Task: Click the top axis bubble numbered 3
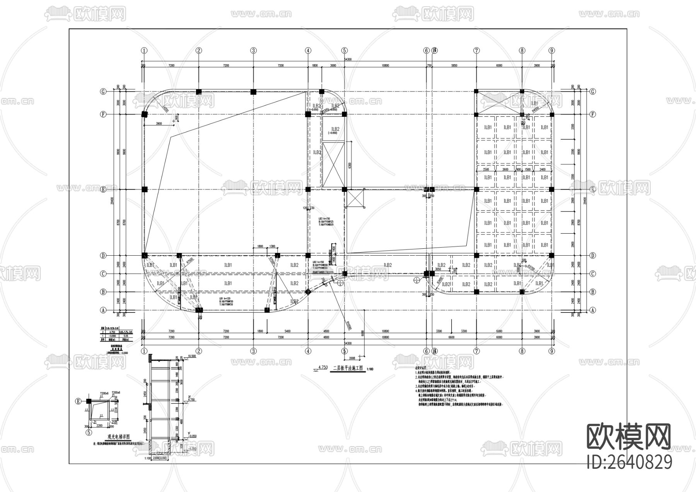253,50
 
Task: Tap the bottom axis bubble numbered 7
476,351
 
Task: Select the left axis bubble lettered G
103,92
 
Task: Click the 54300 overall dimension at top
347,59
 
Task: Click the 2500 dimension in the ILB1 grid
486,169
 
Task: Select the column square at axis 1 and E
144,190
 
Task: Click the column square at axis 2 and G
199,92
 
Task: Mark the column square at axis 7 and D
476,255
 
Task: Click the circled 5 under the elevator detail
89,432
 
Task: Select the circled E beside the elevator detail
78,401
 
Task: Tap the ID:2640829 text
629,462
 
